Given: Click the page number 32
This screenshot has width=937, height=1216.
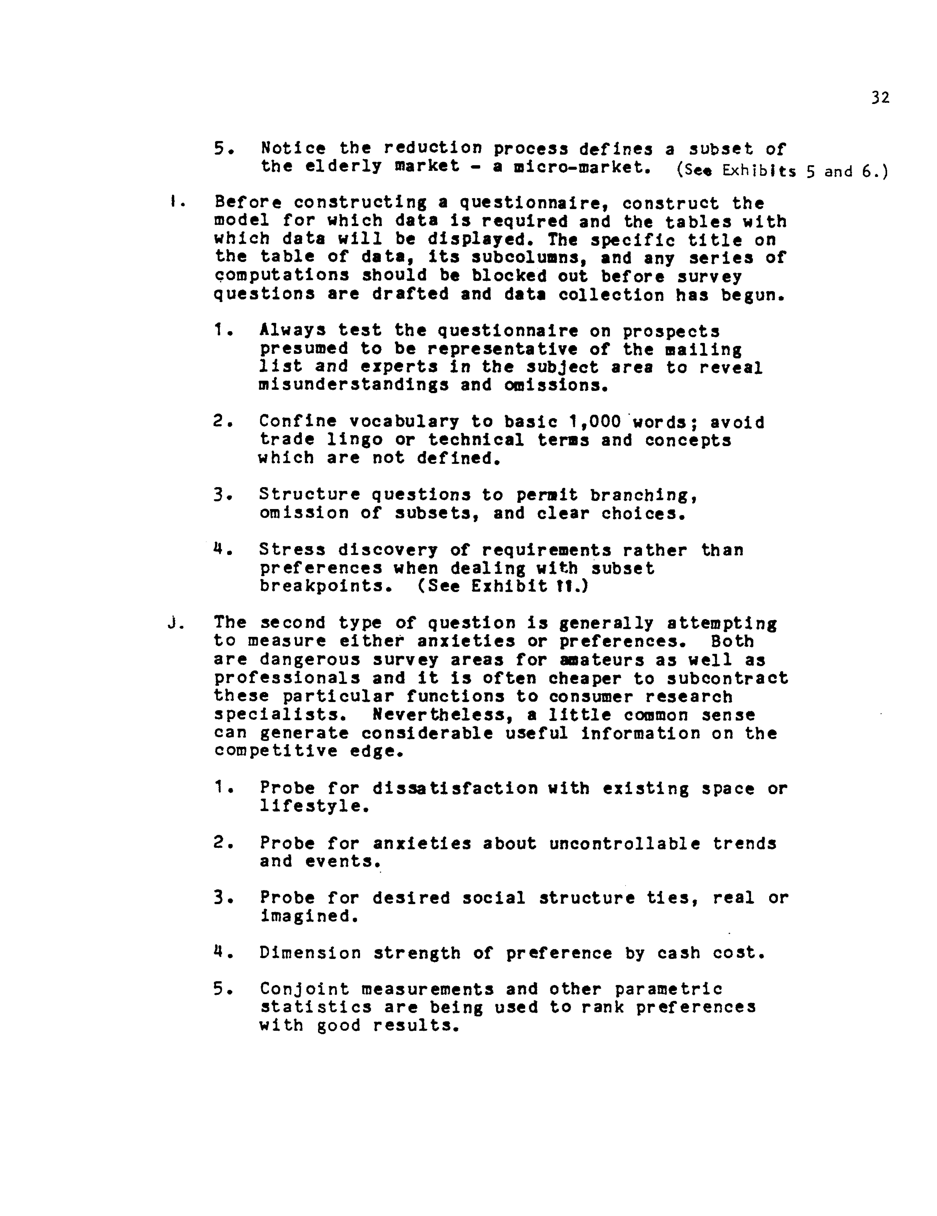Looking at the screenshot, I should [x=880, y=98].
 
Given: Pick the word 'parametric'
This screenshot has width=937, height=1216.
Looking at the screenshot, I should [x=668, y=989].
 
